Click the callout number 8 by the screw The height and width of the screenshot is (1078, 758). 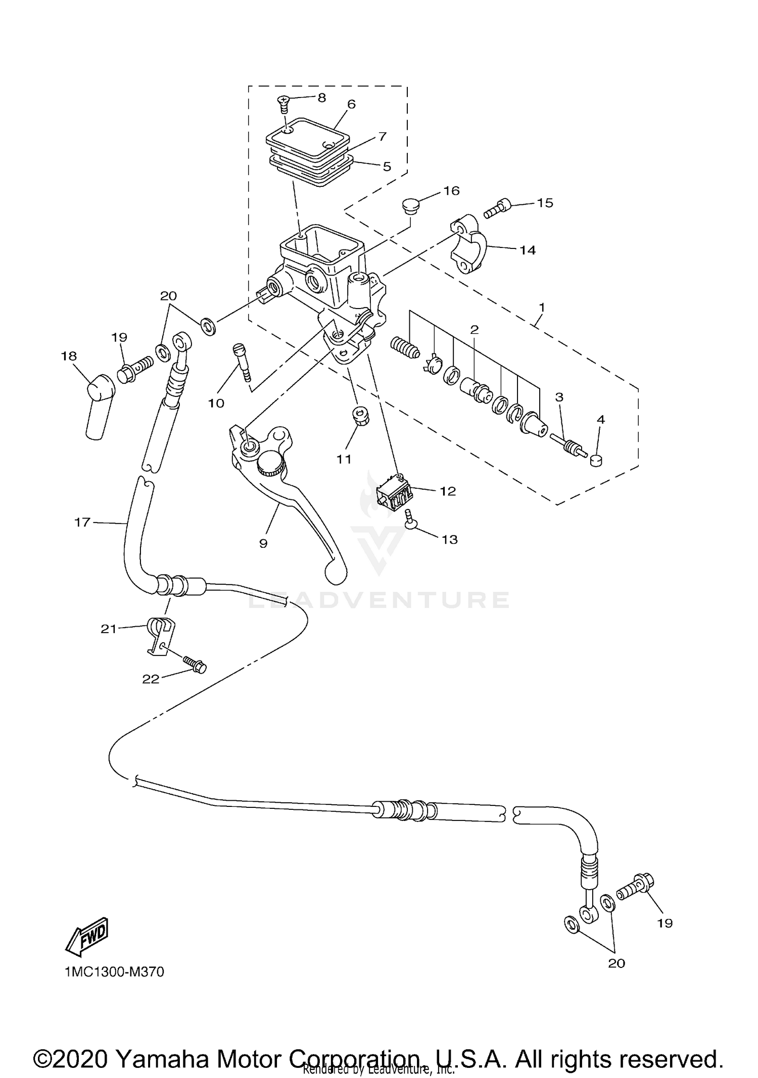321,97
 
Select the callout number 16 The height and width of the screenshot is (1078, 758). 451,190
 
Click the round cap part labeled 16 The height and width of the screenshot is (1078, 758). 410,206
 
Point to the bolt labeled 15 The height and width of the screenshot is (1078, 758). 498,209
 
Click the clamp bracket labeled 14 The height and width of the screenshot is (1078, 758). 468,244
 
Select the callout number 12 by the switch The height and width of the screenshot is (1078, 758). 448,491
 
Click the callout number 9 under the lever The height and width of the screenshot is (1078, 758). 263,543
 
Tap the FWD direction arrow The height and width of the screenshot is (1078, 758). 87,937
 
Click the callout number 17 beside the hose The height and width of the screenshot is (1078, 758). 82,522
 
